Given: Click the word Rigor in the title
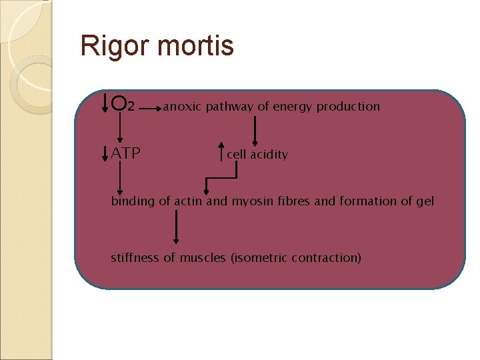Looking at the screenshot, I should pos(109,47).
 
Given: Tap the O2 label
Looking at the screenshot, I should pos(124,105).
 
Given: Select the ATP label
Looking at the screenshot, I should pos(126,153).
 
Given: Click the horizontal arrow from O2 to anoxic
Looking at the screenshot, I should pos(148,107).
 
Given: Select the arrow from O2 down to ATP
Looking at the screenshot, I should pos(120,127).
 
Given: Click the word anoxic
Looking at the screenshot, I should pos(182,107).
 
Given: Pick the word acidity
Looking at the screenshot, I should pos(267,154).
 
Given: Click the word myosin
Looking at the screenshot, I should pos(251,201).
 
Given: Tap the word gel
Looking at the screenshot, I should pos(425,201).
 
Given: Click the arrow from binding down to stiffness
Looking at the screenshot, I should pos(176,227).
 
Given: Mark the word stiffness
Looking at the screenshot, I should pos(135,257).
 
